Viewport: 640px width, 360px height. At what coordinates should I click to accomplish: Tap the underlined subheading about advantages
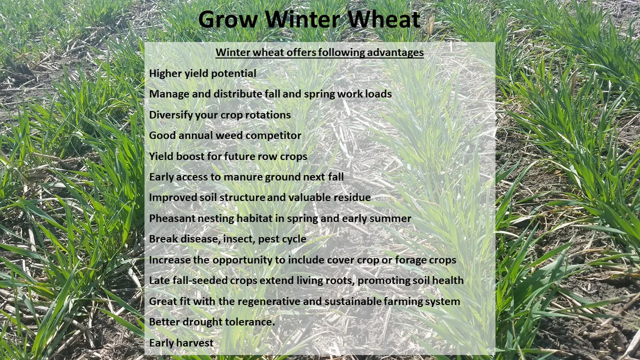pos(319,53)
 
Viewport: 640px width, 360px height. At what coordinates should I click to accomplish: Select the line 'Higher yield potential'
pos(203,73)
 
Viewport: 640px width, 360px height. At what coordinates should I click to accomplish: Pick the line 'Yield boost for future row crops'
pos(228,156)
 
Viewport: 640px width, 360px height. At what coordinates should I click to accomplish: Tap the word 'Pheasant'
pos(172,218)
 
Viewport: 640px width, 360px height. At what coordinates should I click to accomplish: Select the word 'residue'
pos(350,198)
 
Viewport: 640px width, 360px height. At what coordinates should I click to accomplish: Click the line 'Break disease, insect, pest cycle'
pos(228,239)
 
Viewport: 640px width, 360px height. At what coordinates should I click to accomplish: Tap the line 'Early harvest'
pos(181,343)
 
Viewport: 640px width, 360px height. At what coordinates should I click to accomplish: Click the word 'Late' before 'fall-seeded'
pos(159,281)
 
